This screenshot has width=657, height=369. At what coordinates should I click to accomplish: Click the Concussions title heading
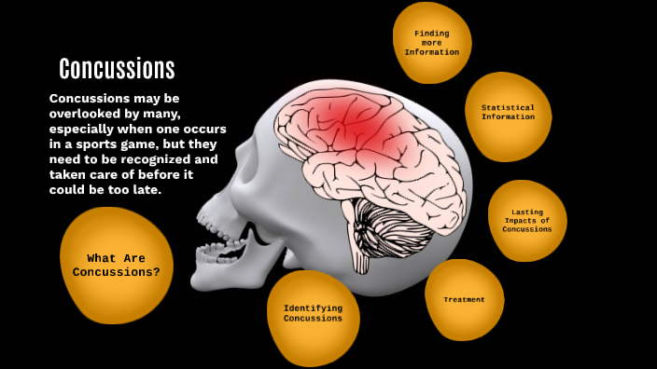click(117, 68)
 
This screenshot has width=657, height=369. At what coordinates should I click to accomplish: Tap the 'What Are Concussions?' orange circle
click(117, 266)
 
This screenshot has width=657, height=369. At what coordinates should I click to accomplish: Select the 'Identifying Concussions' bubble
click(313, 314)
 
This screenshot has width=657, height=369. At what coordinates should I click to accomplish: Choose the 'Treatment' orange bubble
click(464, 300)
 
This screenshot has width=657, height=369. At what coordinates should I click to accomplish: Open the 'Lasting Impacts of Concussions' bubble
click(527, 221)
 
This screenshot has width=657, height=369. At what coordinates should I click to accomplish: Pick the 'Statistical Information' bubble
click(508, 114)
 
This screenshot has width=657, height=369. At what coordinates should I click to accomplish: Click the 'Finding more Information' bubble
click(431, 43)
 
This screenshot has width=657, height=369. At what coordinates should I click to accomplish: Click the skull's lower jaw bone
click(224, 270)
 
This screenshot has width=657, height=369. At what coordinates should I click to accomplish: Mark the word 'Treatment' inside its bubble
click(464, 300)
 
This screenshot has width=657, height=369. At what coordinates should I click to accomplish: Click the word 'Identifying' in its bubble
click(313, 307)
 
